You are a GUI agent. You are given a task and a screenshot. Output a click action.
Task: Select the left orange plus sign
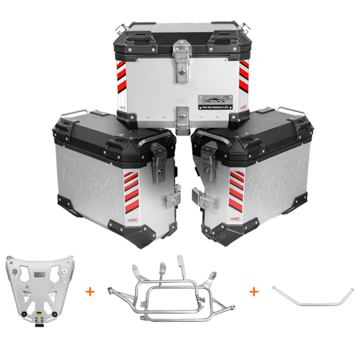(90, 291)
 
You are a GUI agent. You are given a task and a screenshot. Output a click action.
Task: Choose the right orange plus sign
(254, 291)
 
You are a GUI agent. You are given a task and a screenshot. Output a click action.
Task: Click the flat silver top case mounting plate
(38, 288)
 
